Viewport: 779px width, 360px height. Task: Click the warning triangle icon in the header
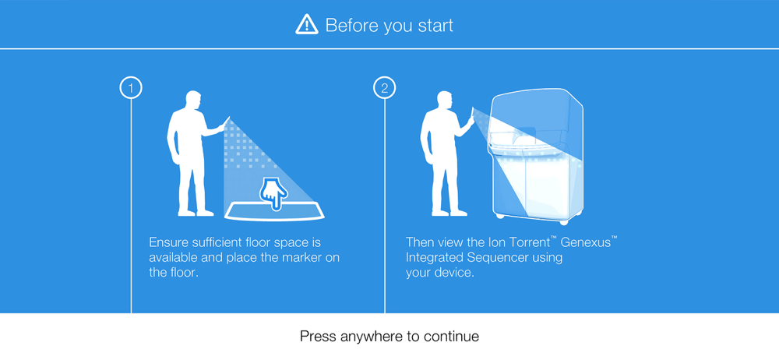pos(306,24)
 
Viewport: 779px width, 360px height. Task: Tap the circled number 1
pos(131,89)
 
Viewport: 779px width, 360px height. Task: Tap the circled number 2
pos(385,89)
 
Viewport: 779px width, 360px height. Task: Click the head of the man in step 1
pos(192,100)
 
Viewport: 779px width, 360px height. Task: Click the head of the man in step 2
pos(445,100)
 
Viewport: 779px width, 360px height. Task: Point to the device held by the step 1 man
pos(227,122)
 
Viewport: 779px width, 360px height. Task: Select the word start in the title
pos(435,26)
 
